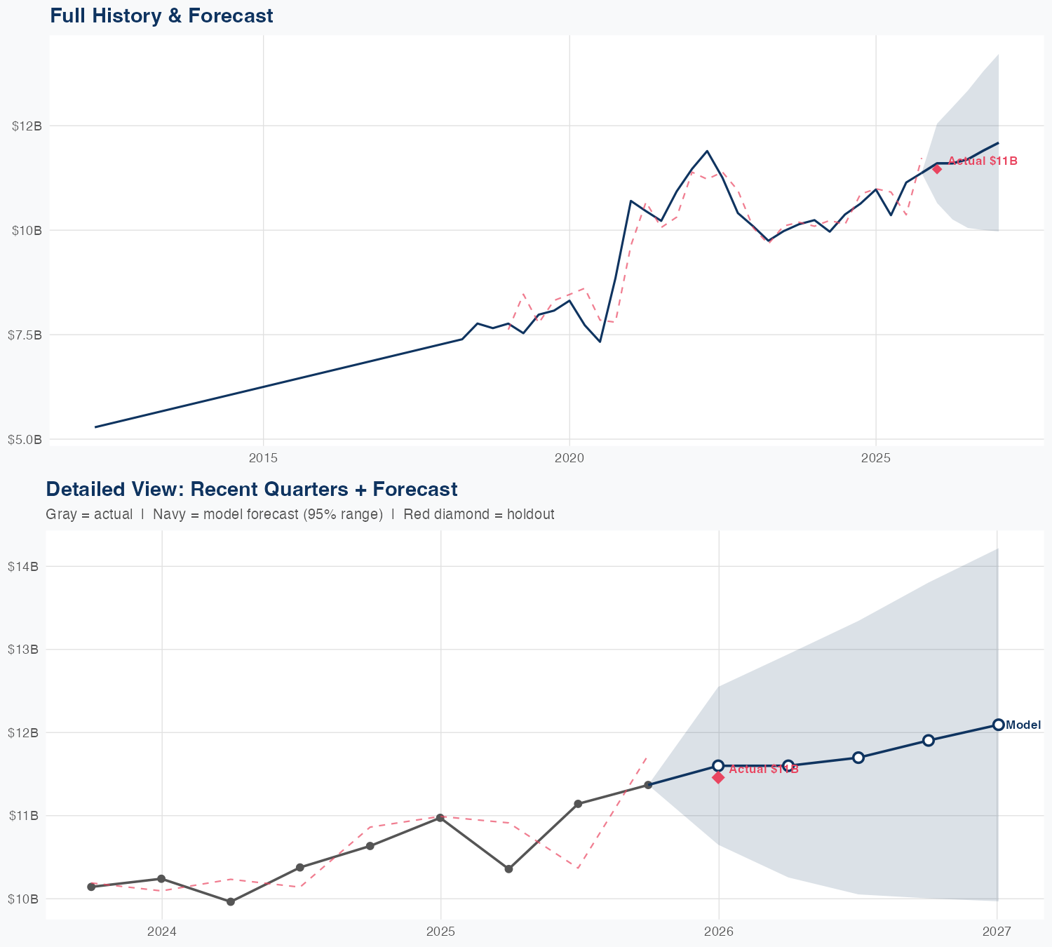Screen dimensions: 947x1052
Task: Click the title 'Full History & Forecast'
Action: (x=161, y=15)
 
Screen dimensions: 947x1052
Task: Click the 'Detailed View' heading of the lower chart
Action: (x=251, y=489)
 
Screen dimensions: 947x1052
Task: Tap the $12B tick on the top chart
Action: (x=27, y=126)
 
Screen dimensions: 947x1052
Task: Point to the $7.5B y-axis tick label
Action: (x=25, y=335)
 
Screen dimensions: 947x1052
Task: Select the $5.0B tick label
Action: (x=25, y=440)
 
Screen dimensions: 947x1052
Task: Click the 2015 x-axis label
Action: (x=264, y=459)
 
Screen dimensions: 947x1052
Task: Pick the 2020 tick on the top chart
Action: (x=569, y=459)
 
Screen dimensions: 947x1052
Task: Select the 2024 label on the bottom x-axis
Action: (x=162, y=932)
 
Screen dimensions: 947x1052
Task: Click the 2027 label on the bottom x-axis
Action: (x=997, y=932)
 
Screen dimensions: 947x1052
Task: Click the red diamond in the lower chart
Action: (x=718, y=777)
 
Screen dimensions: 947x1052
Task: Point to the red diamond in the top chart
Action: (x=937, y=168)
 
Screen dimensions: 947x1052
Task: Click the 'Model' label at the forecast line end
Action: (x=1023, y=725)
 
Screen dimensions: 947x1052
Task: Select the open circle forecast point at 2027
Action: (x=998, y=725)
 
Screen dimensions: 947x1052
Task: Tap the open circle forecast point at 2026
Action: (x=718, y=765)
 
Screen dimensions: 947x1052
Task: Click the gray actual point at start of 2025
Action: (x=440, y=818)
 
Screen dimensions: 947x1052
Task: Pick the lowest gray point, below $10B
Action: (x=231, y=901)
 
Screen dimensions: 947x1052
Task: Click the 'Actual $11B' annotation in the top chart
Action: (x=983, y=161)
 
